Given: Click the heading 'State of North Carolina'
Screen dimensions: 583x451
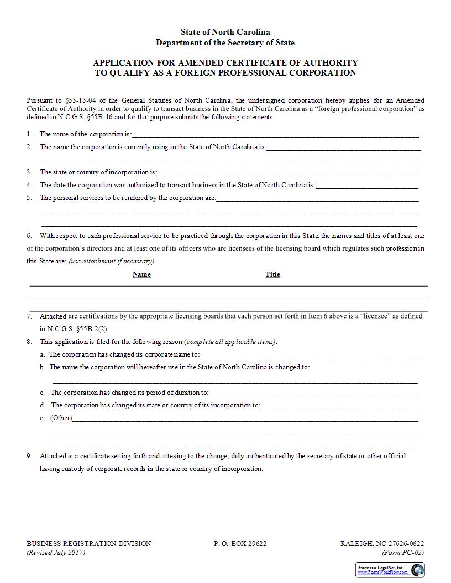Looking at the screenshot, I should [x=225, y=33].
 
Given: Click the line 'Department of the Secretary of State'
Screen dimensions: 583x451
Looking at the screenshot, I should [x=225, y=43].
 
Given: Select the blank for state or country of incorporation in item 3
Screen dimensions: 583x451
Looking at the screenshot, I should [x=287, y=173].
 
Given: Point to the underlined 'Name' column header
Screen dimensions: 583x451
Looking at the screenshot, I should [x=141, y=274].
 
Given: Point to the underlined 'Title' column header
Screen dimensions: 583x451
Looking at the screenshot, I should [x=272, y=274].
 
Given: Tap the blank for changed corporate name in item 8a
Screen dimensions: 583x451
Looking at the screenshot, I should [x=310, y=355].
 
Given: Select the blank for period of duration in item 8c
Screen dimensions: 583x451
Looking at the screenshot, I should [x=313, y=393].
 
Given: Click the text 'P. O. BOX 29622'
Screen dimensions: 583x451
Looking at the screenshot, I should [x=240, y=544].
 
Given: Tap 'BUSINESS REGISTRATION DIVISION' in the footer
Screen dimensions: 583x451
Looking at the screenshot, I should [x=88, y=544].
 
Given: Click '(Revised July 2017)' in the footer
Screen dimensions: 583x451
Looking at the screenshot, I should [x=56, y=553].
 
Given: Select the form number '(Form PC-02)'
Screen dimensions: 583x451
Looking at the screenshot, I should [x=403, y=553].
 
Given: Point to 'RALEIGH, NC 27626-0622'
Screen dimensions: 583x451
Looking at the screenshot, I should [x=382, y=544].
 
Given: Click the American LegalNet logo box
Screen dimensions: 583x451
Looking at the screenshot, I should [x=390, y=570].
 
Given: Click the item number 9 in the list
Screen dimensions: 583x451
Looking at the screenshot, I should [x=29, y=457].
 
